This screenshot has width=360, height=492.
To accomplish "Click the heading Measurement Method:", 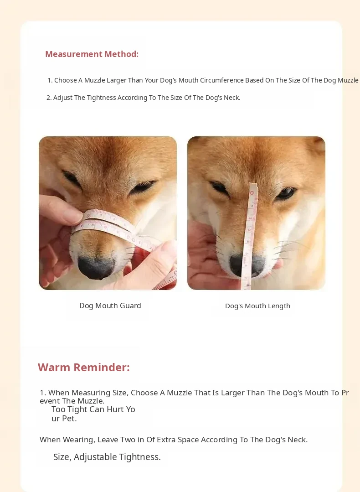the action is [92, 54].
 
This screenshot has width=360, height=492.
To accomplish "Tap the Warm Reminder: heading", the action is [84, 367].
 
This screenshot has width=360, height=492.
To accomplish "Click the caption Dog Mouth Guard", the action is [110, 306].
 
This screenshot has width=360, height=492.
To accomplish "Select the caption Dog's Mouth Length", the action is [258, 306].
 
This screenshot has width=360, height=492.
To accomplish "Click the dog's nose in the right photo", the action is [248, 265].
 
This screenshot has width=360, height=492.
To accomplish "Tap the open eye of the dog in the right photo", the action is [286, 193].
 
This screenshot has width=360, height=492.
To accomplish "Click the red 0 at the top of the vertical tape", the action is [252, 193].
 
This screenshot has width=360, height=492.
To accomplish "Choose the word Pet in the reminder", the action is [71, 419].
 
